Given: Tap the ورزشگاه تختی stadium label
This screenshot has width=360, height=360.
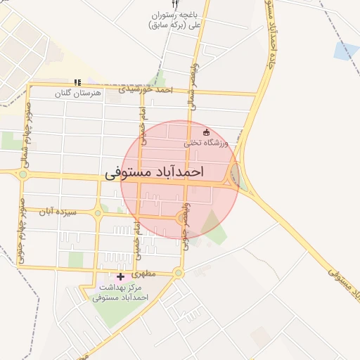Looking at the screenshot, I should (207, 143).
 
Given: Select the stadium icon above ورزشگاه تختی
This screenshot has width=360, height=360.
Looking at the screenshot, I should (206, 132).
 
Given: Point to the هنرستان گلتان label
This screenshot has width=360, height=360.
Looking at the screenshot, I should (78, 93).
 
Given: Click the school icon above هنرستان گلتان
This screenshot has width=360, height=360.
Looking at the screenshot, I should (77, 83).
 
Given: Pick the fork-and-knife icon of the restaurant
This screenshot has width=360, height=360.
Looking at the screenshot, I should (175, 4).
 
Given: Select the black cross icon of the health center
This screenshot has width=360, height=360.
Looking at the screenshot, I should (120, 276).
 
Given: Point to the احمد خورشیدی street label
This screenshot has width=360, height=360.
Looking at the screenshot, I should (145, 89).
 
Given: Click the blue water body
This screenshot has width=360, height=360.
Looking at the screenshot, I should (346, 51).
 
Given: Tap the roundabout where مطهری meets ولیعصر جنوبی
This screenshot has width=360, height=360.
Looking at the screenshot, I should (178, 273).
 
